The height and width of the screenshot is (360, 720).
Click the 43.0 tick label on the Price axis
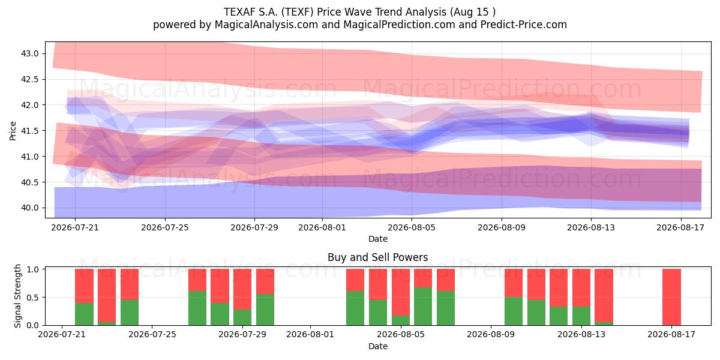(x=29, y=53)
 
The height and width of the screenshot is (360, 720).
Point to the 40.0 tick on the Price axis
(x=29, y=208)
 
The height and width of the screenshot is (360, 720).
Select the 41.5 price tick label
(x=29, y=131)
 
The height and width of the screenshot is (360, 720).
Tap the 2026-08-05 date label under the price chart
(x=412, y=227)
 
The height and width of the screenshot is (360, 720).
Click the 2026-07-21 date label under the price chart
(x=75, y=227)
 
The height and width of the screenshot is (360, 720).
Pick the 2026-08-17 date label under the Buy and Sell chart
(x=671, y=335)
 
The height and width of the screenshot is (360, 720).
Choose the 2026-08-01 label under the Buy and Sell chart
(x=310, y=335)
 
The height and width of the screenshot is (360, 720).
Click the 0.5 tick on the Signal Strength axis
(x=32, y=298)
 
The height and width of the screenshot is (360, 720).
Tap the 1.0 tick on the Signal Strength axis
(x=32, y=269)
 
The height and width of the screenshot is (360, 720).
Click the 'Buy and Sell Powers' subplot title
(x=377, y=257)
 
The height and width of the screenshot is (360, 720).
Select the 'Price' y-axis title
(x=13, y=131)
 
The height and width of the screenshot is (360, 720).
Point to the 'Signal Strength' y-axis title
(x=17, y=296)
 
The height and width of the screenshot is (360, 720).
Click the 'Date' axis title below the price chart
(x=378, y=239)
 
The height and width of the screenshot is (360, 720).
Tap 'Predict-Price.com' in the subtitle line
(x=524, y=25)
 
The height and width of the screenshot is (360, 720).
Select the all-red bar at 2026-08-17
(x=671, y=297)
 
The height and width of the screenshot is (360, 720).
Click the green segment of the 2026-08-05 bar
(x=401, y=320)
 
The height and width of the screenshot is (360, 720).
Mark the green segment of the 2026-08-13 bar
(x=581, y=316)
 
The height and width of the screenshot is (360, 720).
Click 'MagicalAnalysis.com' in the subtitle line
(x=266, y=25)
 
